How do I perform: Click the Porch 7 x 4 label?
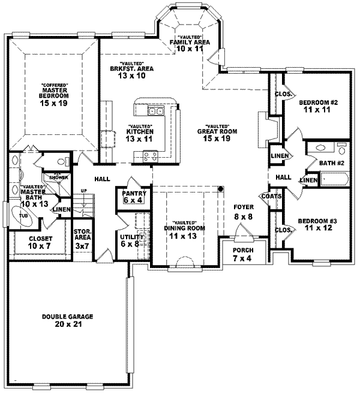click(x=243, y=253)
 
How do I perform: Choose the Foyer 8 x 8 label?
click(x=244, y=211)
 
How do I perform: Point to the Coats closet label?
click(x=268, y=196)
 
